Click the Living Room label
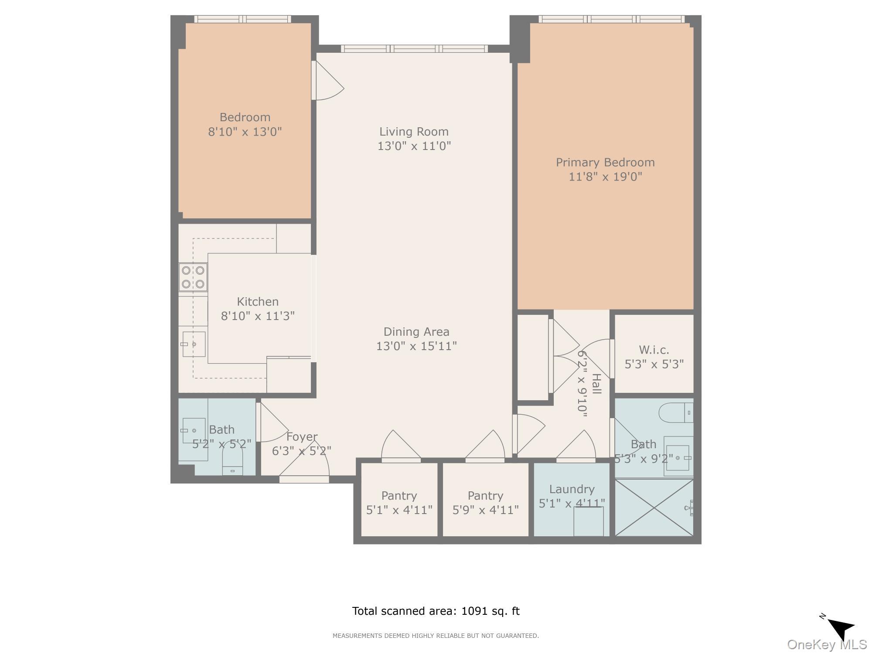414,132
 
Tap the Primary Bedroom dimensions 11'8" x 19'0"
605,177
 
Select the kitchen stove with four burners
193,277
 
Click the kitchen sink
194,344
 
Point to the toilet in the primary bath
674,412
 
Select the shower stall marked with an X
654,508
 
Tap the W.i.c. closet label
654,350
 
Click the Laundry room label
572,489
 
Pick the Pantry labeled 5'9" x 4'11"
485,502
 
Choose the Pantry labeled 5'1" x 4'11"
399,502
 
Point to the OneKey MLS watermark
827,644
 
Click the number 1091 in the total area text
474,611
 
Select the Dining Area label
416,332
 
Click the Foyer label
302,436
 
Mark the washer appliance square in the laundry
588,521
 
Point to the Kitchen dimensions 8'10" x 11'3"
258,316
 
